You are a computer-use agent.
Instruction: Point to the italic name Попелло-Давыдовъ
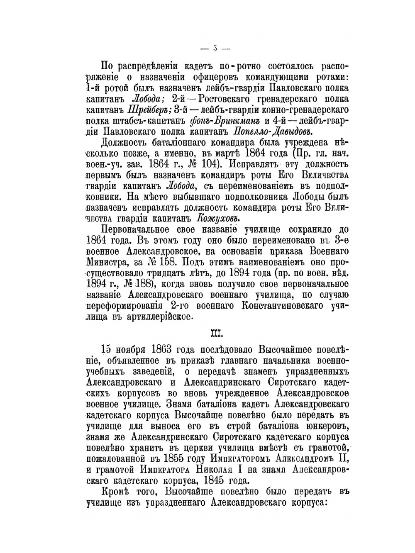tap(272, 132)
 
